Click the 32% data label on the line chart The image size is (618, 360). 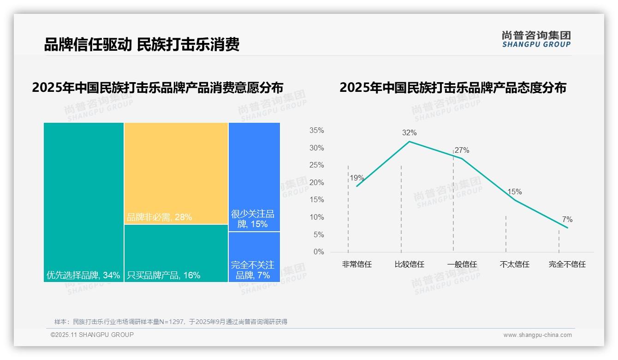tap(409, 133)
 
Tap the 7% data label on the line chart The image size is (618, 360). tap(567, 220)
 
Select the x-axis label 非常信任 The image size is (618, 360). tap(357, 264)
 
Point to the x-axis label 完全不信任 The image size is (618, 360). tap(567, 264)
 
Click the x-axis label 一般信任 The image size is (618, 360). tap(462, 264)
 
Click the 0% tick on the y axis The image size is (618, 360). tap(318, 252)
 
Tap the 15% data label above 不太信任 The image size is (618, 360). tap(514, 192)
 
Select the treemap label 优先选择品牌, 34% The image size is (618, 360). tap(83, 276)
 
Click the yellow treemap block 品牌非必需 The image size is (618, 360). tap(176, 173)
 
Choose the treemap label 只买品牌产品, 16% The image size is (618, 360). tap(164, 276)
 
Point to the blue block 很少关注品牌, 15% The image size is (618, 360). tap(254, 176)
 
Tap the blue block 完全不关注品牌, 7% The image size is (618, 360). tap(254, 257)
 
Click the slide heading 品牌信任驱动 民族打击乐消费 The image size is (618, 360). tap(142, 44)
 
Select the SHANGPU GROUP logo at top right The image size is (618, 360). tap(536, 39)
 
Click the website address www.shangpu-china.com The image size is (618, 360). tap(537, 335)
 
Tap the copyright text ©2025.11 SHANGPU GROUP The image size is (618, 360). tap(92, 335)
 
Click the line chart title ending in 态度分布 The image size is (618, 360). tap(452, 88)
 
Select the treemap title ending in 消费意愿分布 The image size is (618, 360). tap(157, 88)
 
